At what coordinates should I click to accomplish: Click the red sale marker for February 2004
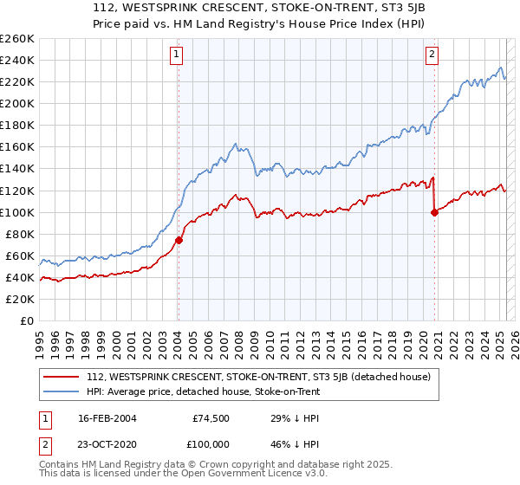178,240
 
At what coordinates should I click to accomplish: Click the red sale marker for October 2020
433,212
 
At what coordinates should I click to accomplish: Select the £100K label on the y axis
17,212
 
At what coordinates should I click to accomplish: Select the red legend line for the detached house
62,377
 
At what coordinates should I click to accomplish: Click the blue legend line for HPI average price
62,391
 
